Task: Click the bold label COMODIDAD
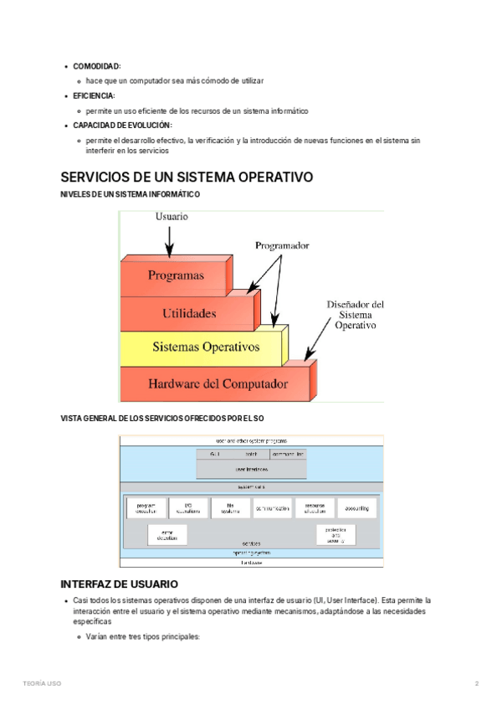point(96,65)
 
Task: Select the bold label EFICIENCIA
point(94,95)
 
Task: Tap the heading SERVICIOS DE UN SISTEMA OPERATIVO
point(187,177)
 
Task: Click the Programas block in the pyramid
point(176,275)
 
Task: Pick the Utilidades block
point(188,313)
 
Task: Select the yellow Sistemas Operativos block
point(205,347)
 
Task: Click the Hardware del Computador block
point(218,384)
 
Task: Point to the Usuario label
point(172,216)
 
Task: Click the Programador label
point(282,246)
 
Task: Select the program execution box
point(146,508)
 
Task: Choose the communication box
point(272,508)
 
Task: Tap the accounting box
point(356,508)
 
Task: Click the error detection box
point(167,534)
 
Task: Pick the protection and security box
point(336,534)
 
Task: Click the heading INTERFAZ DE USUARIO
point(119,584)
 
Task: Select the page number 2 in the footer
point(476,684)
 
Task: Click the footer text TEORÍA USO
point(42,684)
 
